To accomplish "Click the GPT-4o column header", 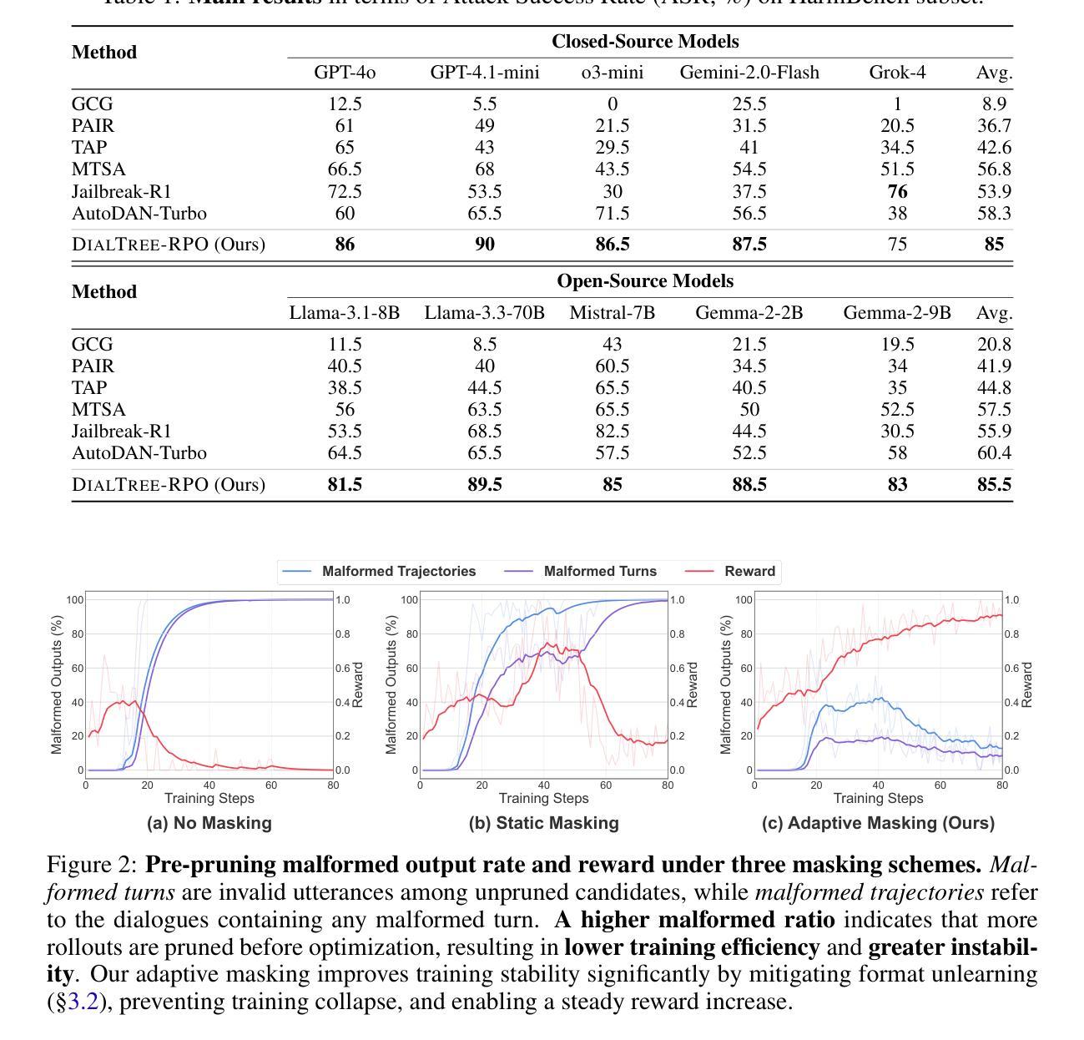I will (x=345, y=73).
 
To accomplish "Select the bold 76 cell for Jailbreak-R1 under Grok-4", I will (x=897, y=192).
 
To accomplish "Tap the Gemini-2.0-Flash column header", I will (x=749, y=73).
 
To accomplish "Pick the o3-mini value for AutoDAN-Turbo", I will (x=613, y=214).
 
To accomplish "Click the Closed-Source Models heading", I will (x=645, y=42).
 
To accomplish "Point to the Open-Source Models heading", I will (x=645, y=281).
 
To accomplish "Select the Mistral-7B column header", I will (x=613, y=313).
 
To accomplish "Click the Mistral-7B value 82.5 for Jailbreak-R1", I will (x=613, y=432).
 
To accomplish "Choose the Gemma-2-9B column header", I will (x=897, y=313).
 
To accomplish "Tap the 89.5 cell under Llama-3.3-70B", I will (x=485, y=485).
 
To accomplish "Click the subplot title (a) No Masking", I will (x=209, y=823).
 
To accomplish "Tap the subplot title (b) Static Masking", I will (x=544, y=823).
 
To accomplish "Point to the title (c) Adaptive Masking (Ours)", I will (x=878, y=823).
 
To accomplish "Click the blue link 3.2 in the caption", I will (x=83, y=1002).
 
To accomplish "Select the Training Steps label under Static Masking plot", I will (x=543, y=799).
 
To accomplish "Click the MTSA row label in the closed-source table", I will (x=98, y=170).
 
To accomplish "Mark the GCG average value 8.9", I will (x=994, y=104).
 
